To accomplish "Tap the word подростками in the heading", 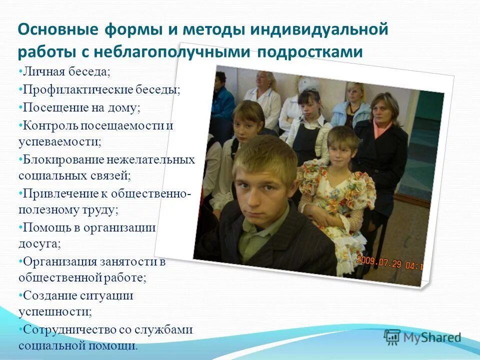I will point(310,52).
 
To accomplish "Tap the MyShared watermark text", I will point(433,337).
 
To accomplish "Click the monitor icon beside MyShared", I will point(392,337).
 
